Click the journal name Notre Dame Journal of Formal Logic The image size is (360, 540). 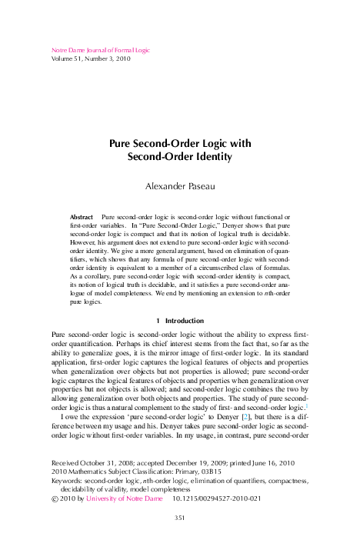pyautogui.click(x=100, y=51)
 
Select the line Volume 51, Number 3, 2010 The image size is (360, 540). pyautogui.click(x=96, y=59)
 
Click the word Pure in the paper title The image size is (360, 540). pyautogui.click(x=124, y=143)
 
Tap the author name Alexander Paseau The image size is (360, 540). pyautogui.click(x=179, y=185)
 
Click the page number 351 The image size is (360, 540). pyautogui.click(x=179, y=518)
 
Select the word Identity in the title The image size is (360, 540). pyautogui.click(x=208, y=157)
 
